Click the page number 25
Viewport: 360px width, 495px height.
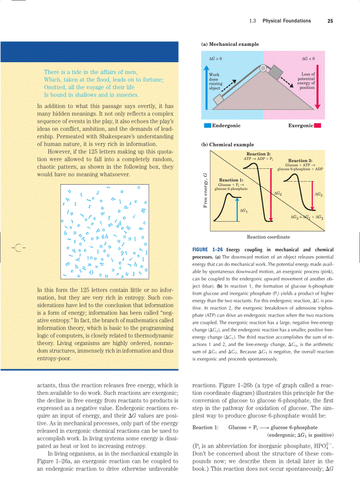(330, 21)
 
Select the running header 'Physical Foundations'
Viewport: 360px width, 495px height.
(286, 21)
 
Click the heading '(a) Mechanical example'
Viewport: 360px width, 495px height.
(230, 44)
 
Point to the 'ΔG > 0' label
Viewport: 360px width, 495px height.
(215, 58)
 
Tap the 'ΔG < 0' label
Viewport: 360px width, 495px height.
(307, 58)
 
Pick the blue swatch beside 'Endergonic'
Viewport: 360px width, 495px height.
(207, 126)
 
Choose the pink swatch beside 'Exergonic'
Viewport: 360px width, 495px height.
(318, 126)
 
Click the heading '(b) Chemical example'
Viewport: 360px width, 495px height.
(227, 145)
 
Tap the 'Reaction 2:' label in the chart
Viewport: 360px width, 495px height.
(259, 154)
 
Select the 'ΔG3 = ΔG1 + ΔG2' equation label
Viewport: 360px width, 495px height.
(307, 217)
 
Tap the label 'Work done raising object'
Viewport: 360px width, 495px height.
(216, 82)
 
